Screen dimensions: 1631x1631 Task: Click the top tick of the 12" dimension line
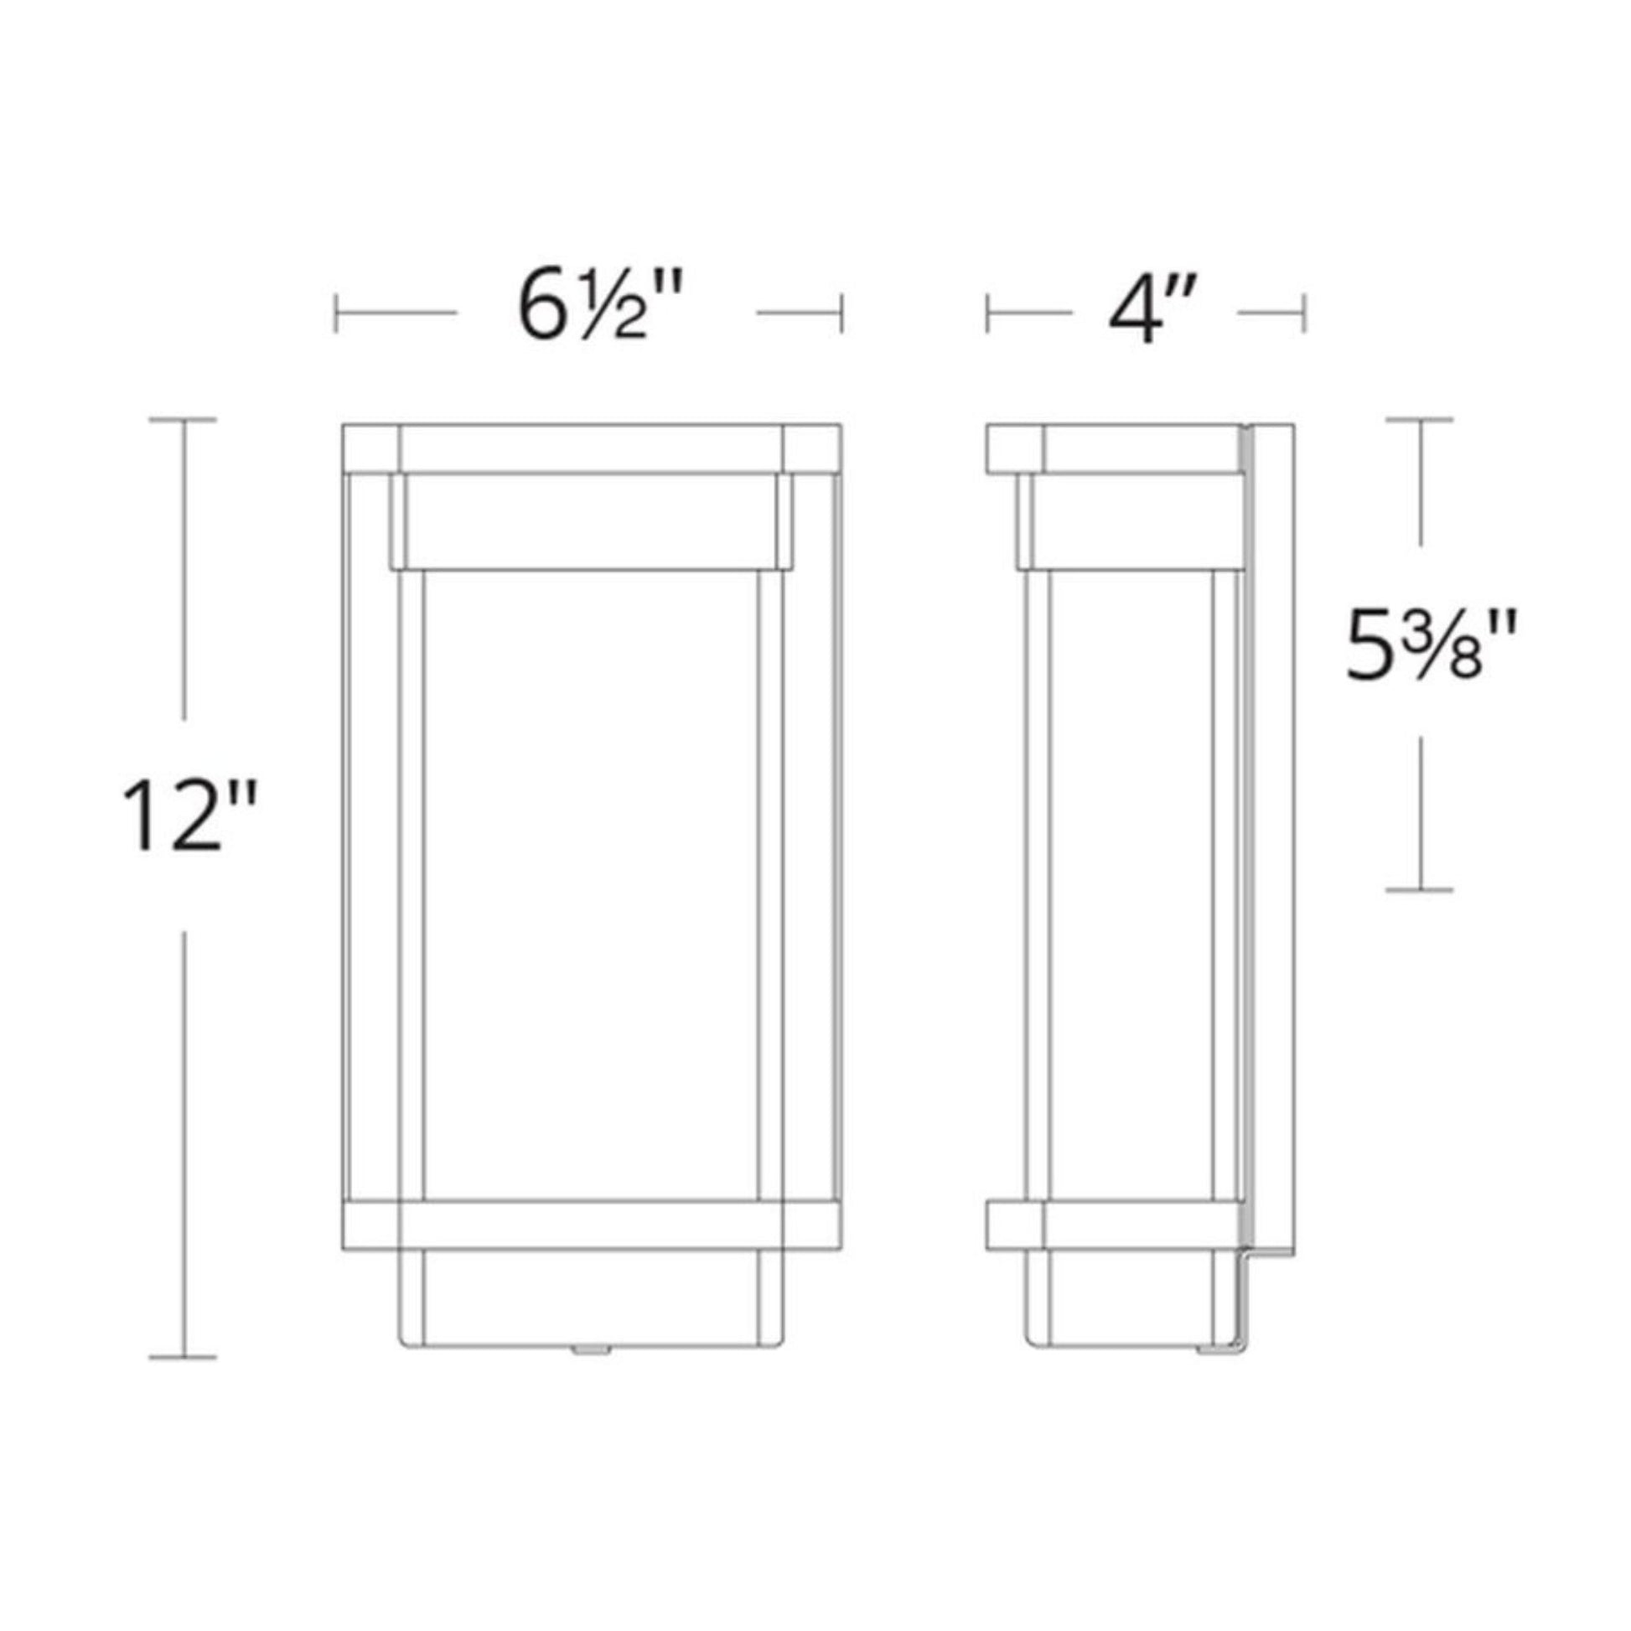183,419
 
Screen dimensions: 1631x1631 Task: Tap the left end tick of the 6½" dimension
336,313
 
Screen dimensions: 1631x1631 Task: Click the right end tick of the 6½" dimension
841,313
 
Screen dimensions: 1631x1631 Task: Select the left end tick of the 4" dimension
987,313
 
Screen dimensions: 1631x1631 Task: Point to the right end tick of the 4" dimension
1305,313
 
